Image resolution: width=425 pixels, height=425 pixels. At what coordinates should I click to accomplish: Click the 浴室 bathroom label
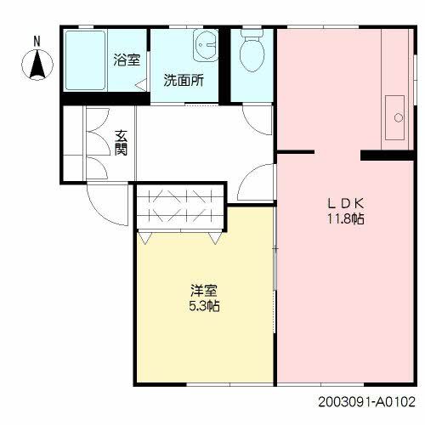coord(127,59)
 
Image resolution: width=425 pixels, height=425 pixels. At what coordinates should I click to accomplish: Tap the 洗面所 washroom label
coord(183,82)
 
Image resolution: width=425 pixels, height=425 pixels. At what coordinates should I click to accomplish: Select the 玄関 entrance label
coord(121,143)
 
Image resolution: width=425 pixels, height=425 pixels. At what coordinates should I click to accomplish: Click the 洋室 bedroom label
coord(202,290)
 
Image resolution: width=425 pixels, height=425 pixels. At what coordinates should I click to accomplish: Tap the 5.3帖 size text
coord(202,305)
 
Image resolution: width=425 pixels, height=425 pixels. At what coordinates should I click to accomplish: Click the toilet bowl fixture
coord(252,53)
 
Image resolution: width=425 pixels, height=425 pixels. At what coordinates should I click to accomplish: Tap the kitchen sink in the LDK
coord(395,116)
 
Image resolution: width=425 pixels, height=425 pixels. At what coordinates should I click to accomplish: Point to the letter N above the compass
coord(37,41)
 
